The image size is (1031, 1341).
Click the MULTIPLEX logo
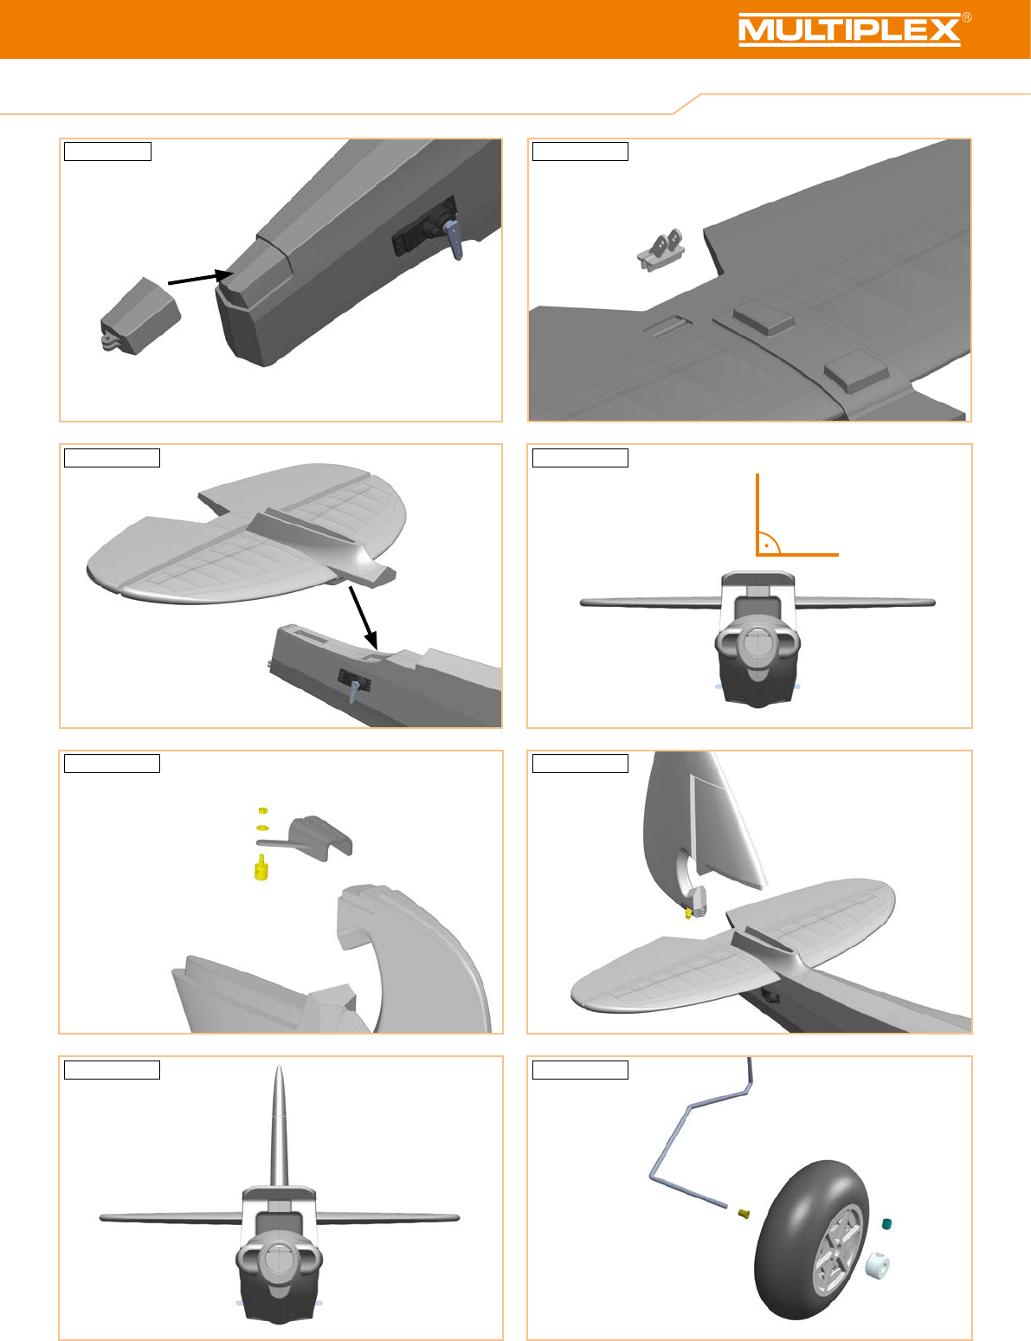coord(849,29)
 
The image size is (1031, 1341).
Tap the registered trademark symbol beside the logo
coord(966,17)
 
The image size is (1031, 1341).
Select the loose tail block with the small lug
coord(140,316)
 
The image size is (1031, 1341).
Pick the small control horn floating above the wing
coord(660,249)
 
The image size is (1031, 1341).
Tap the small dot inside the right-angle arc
coord(766,545)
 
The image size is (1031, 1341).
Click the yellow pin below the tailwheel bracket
coord(261,867)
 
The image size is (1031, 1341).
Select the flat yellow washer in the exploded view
coord(262,827)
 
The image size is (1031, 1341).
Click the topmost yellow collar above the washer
coord(263,810)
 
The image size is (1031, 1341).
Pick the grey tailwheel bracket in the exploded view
coord(312,837)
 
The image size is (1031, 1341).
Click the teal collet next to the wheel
coord(886,1224)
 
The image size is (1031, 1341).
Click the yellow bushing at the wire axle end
coord(744,1214)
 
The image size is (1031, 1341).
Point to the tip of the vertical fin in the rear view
coord(279,1066)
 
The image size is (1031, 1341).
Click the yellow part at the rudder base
coord(688,912)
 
